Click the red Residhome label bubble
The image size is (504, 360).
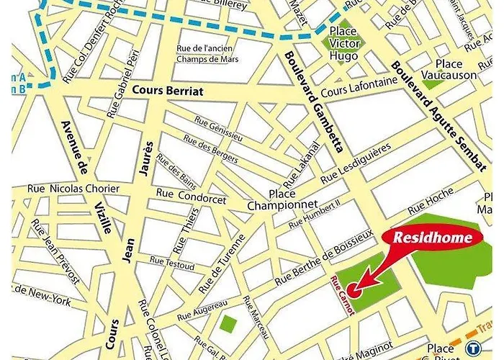click(x=432, y=238)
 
